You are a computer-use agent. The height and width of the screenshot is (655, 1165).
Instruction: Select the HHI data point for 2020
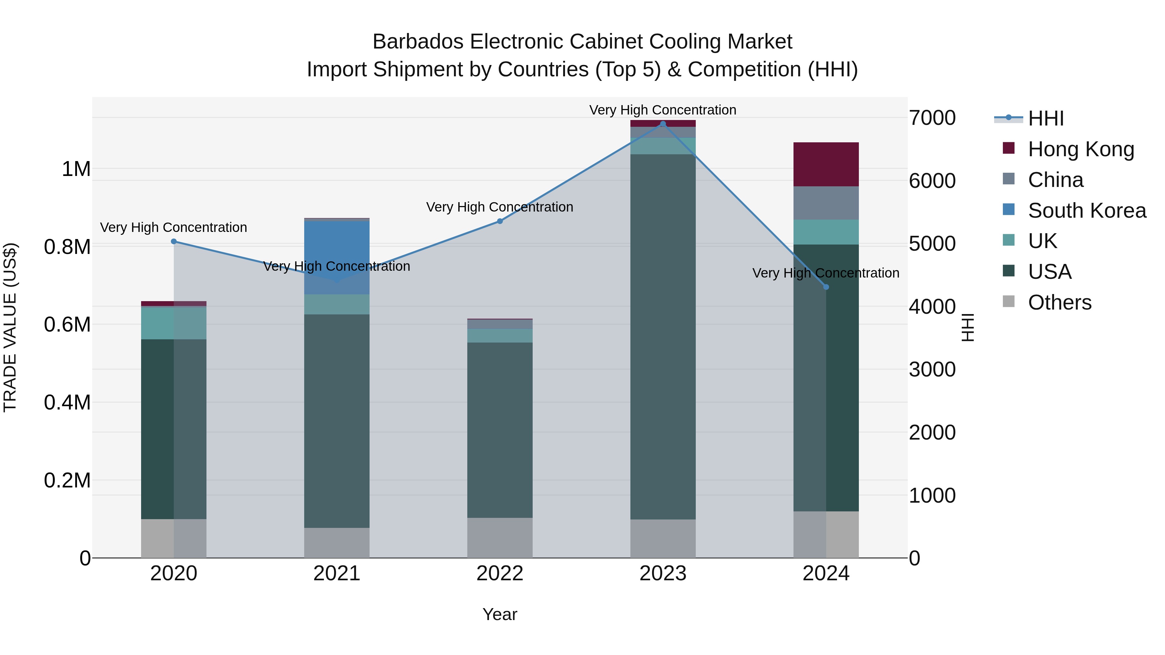click(174, 241)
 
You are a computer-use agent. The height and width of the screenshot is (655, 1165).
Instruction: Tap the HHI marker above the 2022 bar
click(500, 221)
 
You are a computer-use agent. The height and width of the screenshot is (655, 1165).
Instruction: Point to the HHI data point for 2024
click(826, 287)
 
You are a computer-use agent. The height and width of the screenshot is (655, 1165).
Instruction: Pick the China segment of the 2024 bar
click(826, 203)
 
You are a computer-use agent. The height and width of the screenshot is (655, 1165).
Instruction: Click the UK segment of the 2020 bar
click(174, 323)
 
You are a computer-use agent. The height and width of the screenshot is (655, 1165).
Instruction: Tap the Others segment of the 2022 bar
click(500, 538)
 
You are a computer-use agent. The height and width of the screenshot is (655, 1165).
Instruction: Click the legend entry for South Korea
click(1087, 211)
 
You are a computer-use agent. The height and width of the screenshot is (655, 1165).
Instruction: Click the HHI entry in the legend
click(1046, 118)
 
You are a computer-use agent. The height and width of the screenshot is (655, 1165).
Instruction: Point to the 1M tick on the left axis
click(76, 169)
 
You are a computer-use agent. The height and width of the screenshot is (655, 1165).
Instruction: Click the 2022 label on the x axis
click(500, 573)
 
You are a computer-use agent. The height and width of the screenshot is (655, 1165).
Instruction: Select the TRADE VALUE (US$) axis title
click(10, 327)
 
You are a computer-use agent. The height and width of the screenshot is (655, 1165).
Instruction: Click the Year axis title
click(500, 614)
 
